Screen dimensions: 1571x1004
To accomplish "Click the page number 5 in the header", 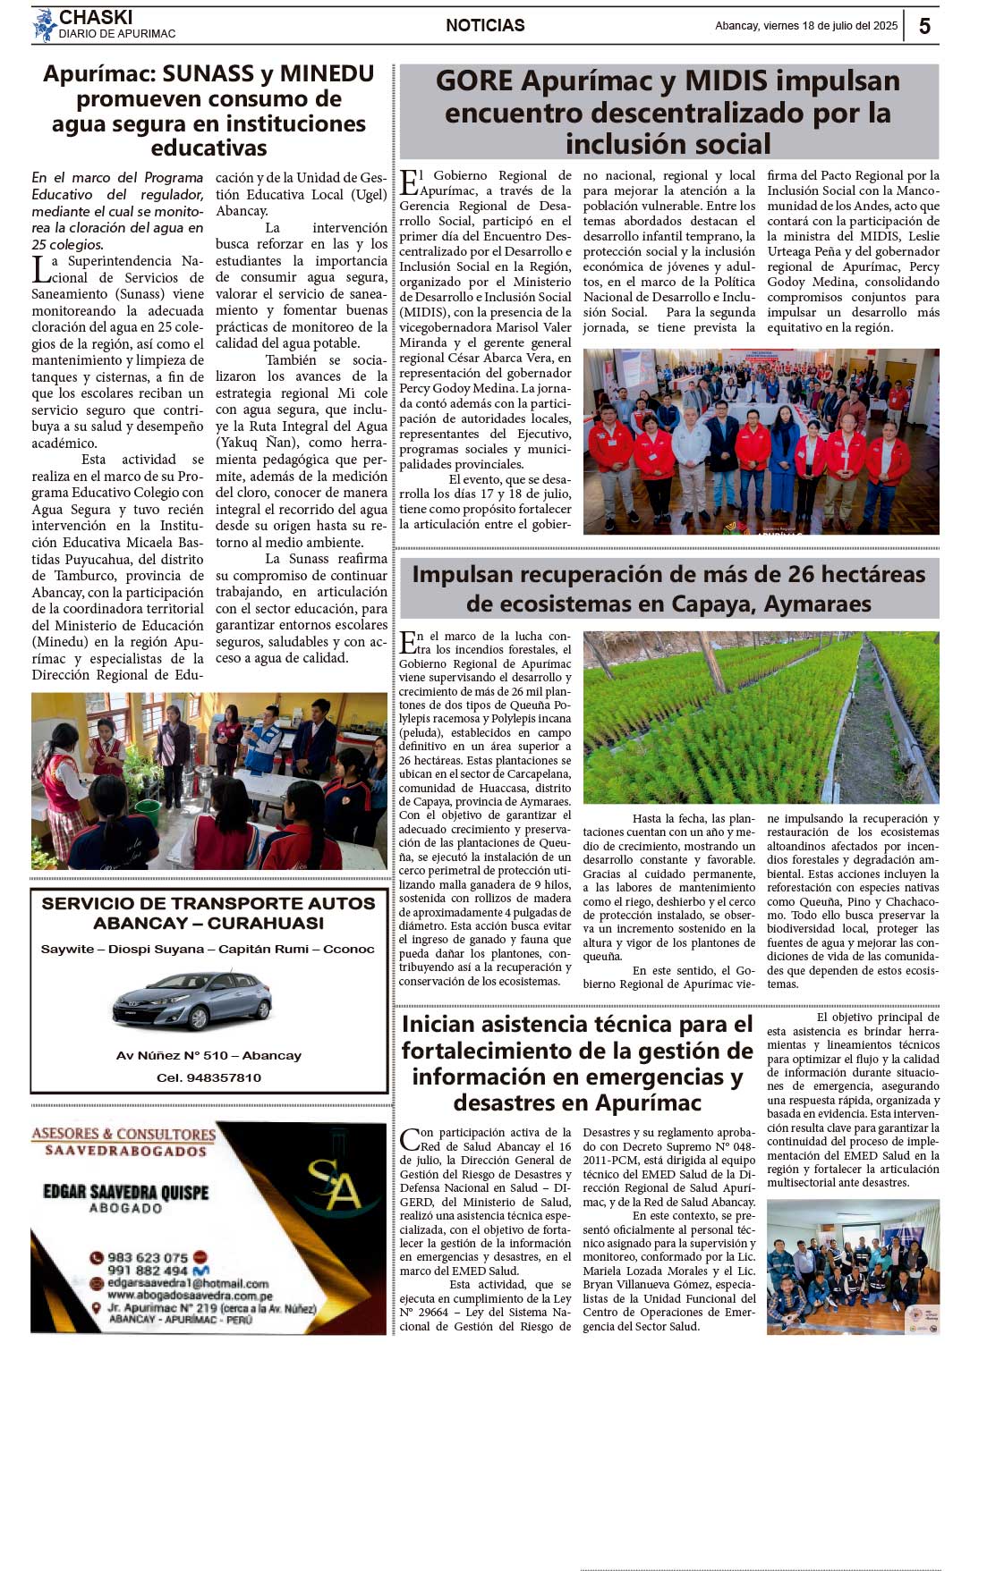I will pyautogui.click(x=924, y=26).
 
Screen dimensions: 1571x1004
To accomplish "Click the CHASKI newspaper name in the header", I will pyautogui.click(x=96, y=17).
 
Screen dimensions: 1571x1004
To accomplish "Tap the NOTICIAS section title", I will pyautogui.click(x=485, y=26).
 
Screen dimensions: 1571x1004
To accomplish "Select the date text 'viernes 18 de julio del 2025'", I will pyautogui.click(x=830, y=26).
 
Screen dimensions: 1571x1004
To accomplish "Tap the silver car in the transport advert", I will pyautogui.click(x=192, y=1000).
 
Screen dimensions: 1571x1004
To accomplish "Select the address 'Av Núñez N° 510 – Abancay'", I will pyautogui.click(x=208, y=1055).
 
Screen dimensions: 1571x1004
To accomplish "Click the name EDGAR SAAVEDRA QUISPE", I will pyautogui.click(x=125, y=1192).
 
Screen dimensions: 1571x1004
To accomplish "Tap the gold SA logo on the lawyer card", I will pyautogui.click(x=333, y=1187).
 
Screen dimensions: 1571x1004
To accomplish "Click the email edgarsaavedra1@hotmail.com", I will pyautogui.click(x=188, y=1283).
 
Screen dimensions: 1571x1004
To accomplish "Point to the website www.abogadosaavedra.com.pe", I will pyautogui.click(x=190, y=1295).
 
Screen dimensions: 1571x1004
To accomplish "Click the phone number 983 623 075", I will pyautogui.click(x=148, y=1257).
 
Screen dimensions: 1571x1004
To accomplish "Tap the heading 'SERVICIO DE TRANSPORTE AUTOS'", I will pyautogui.click(x=208, y=903).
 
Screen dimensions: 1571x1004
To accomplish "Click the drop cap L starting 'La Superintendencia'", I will pyautogui.click(x=39, y=267).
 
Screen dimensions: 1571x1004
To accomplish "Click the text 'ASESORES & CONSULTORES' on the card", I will pyautogui.click(x=123, y=1134).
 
